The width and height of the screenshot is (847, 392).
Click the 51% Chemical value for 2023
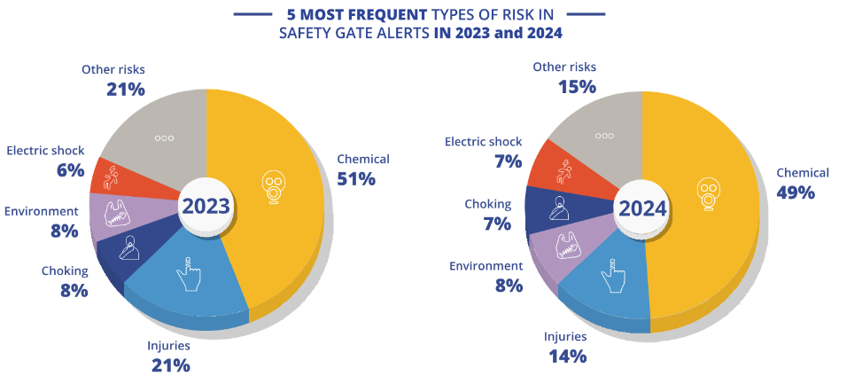point(356,179)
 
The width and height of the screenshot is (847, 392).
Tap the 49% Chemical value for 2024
point(796,192)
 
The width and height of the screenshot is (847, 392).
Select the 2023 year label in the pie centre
point(206,207)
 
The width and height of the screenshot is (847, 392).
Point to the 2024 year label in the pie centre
point(642,209)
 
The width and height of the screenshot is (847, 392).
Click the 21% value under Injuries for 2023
point(171,365)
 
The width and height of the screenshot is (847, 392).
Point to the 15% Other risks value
point(577,87)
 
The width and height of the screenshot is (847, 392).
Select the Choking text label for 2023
point(65,270)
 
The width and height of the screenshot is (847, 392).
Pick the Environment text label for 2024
point(486,266)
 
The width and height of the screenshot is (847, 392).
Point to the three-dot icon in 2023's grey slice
point(164,138)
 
